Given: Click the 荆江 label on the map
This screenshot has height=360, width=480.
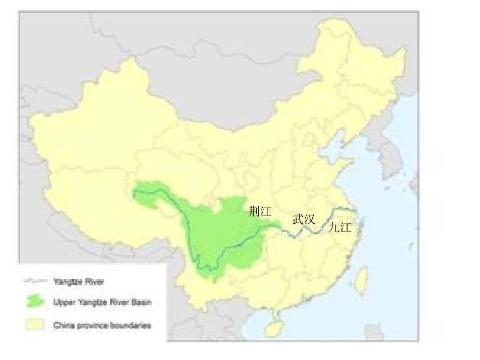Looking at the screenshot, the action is pyautogui.click(x=260, y=212).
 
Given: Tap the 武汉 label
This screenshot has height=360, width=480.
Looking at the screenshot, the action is pyautogui.click(x=304, y=219).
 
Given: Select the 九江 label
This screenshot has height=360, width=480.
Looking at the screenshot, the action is pyautogui.click(x=340, y=228).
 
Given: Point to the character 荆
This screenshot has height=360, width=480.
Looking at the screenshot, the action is pyautogui.click(x=254, y=212).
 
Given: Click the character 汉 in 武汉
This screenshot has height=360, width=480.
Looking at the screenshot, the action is pyautogui.click(x=309, y=219).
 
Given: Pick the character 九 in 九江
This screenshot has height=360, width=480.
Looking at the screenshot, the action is pyautogui.click(x=334, y=228).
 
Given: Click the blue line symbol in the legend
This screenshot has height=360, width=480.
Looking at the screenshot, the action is pyautogui.click(x=35, y=281).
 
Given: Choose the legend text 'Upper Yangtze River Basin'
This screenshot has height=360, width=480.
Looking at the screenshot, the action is pyautogui.click(x=102, y=302).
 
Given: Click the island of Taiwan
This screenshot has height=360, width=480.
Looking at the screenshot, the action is pyautogui.click(x=361, y=281).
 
